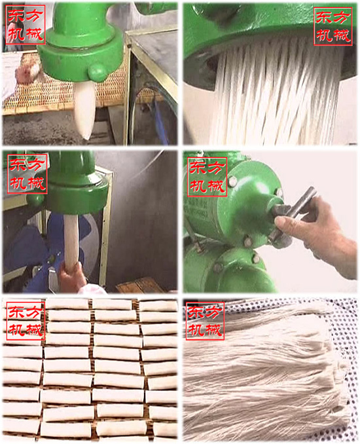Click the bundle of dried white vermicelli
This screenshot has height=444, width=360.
(275, 373)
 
